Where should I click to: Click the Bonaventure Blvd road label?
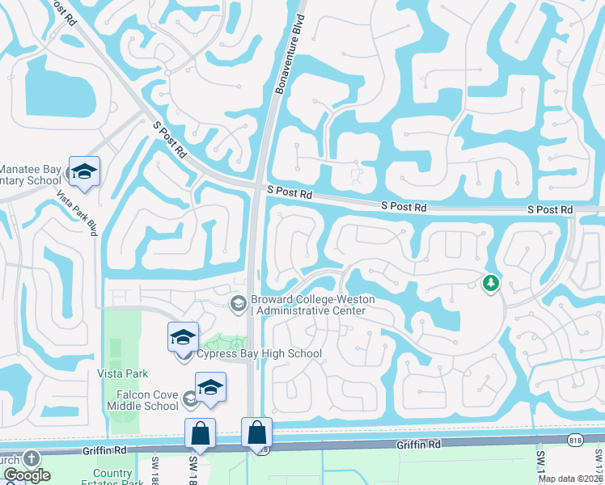pos(290,54)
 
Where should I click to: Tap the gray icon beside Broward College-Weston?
pos(238,304)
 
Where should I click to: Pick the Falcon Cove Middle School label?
pos(142,400)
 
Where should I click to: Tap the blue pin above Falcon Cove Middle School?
pos(210,389)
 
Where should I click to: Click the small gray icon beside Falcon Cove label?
pos(189,397)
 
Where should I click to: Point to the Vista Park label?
pos(124,373)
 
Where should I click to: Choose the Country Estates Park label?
pos(112,477)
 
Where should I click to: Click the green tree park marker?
pos(490,284)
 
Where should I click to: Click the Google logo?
pos(27,475)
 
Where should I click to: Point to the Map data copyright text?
pos(571,479)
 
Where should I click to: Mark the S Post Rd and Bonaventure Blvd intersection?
pos(258,189)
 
